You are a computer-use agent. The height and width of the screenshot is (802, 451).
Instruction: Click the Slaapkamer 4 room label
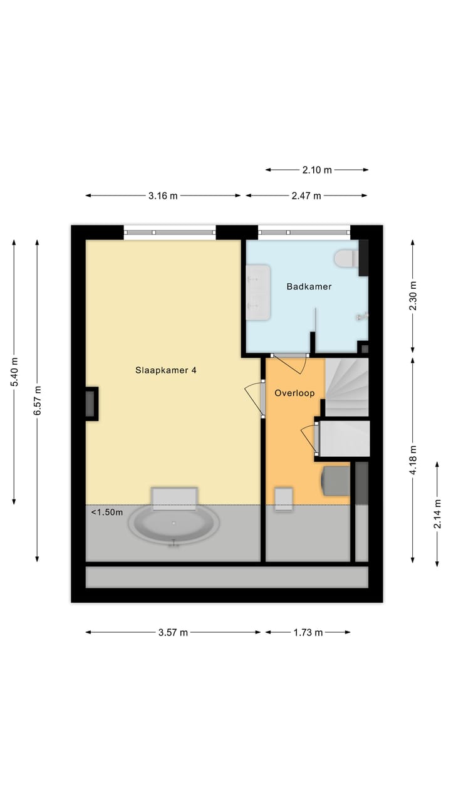166,370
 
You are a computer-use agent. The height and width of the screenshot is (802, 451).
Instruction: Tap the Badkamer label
309,286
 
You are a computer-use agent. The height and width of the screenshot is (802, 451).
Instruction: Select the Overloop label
294,393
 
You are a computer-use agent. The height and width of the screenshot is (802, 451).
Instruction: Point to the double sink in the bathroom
258,292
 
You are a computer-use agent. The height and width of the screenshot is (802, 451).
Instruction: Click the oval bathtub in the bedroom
174,524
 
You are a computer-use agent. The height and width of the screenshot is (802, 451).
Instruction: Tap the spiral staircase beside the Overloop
346,387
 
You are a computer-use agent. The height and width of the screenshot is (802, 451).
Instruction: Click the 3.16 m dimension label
163,195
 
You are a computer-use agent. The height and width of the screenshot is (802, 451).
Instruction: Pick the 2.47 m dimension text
306,195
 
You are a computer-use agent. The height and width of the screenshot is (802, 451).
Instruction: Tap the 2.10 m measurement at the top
317,169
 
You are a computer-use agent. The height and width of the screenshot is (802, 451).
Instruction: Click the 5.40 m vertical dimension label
14,372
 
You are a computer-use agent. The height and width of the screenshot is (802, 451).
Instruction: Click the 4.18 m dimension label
412,460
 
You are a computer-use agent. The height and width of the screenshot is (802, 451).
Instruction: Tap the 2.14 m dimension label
437,514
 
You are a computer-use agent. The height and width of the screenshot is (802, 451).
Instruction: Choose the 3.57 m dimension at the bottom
173,632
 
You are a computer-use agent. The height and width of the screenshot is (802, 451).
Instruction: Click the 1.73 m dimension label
308,632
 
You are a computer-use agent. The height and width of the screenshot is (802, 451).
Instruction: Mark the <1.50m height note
107,512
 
